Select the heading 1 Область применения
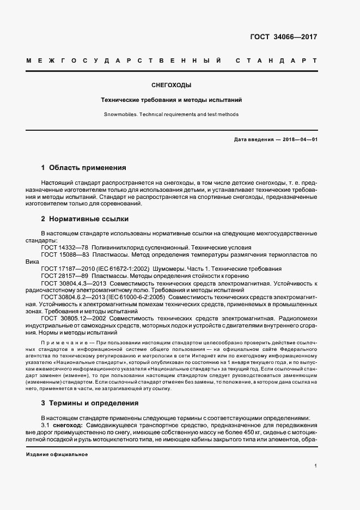84,167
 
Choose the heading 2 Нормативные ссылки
85,219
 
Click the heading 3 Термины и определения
90,403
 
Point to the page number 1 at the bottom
316,466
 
